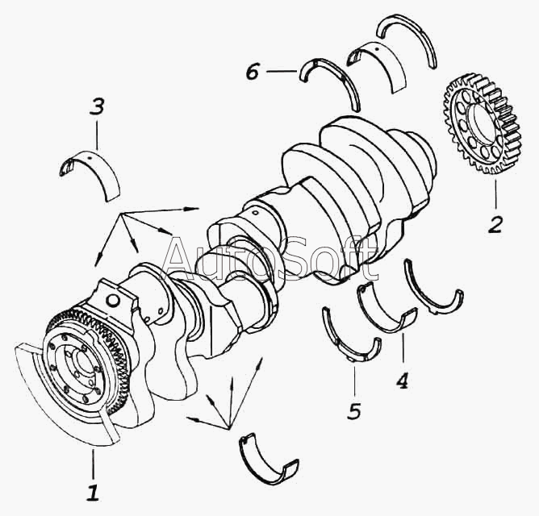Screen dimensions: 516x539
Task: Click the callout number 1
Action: coord(93,492)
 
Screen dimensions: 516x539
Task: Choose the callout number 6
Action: coord(253,72)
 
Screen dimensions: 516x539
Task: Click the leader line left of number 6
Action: coord(282,72)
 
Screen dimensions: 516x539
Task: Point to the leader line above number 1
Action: coord(93,464)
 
